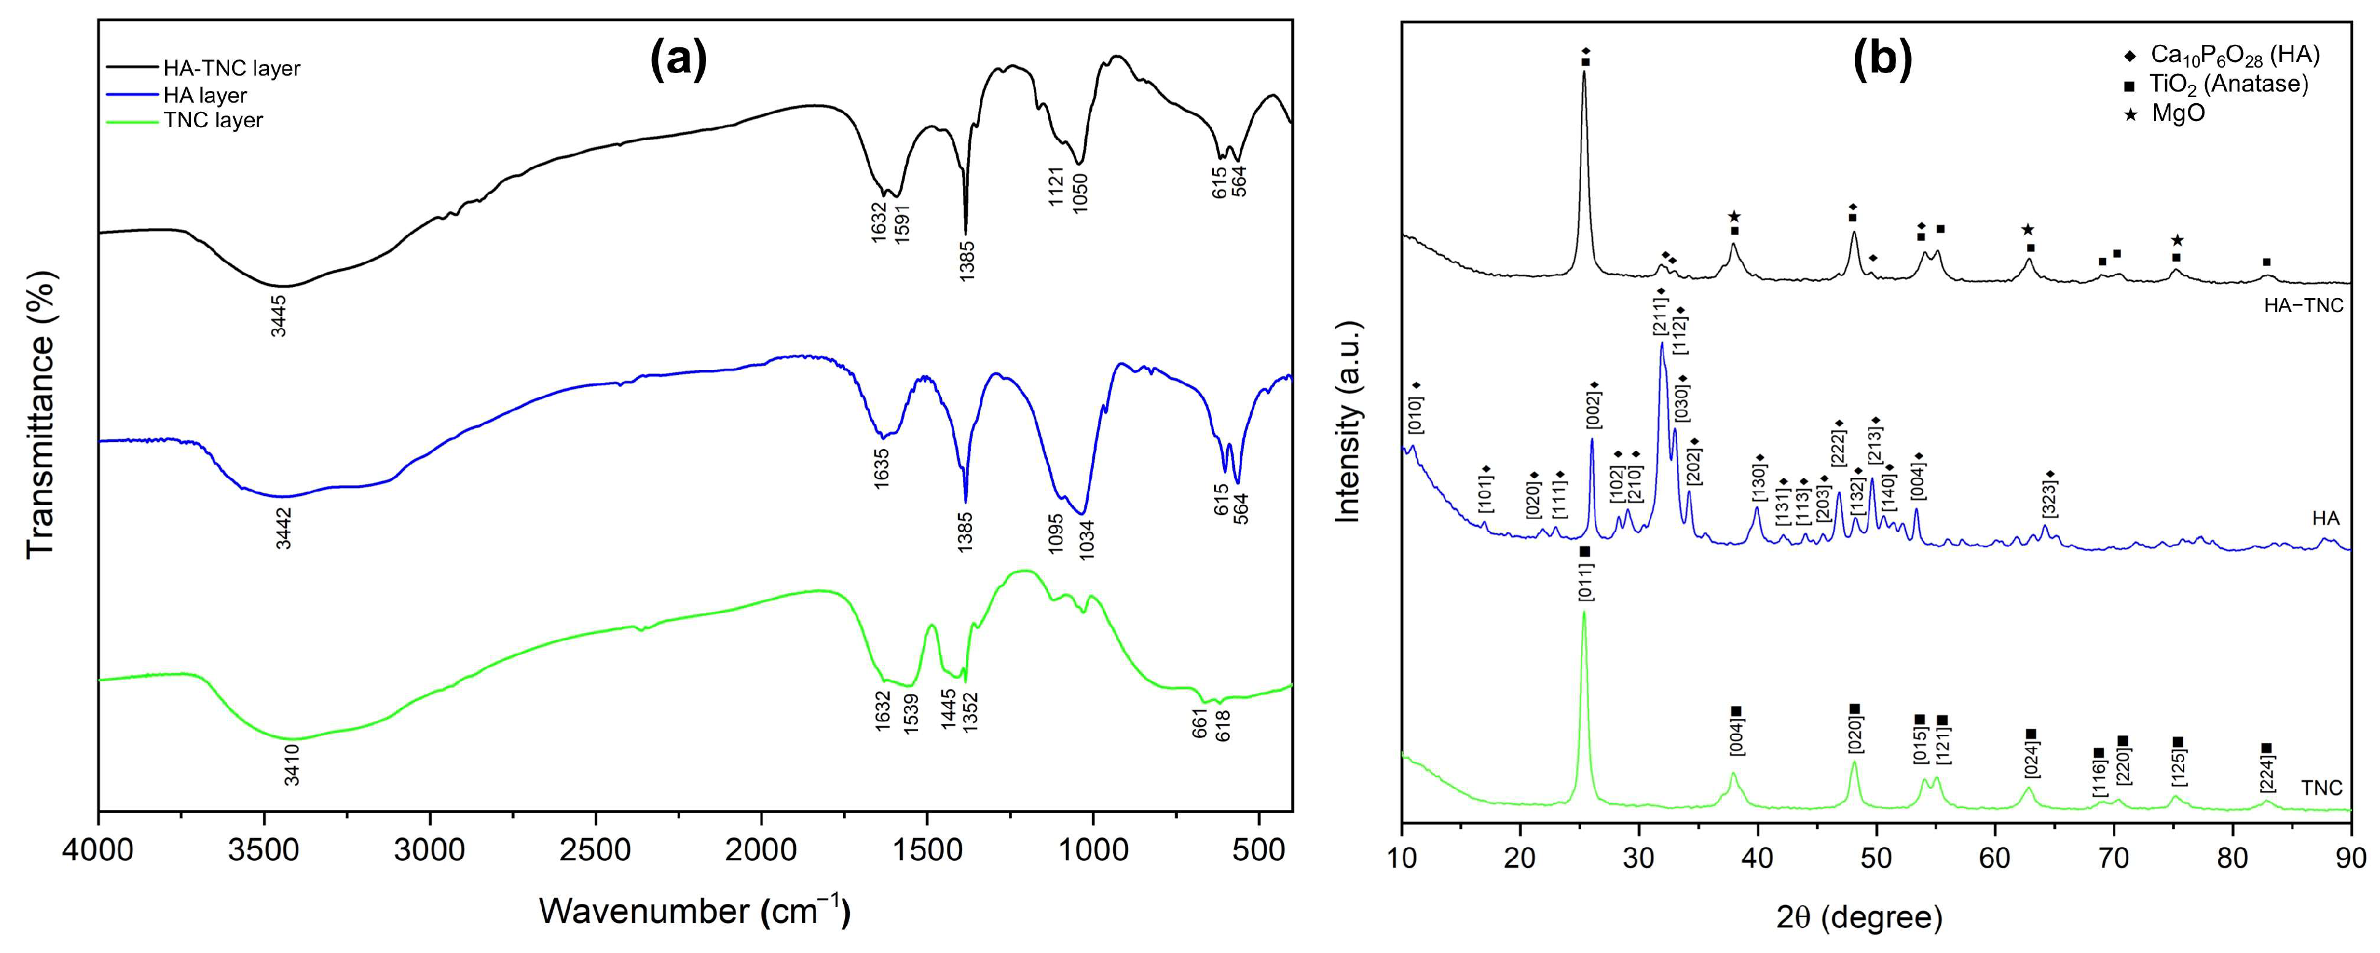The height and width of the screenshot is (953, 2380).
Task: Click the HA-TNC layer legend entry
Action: click(x=231, y=68)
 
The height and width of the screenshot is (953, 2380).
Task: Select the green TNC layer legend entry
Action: click(x=212, y=120)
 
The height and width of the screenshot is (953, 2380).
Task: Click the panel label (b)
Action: click(x=1882, y=59)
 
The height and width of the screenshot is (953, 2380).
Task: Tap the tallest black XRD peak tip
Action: click(x=1584, y=72)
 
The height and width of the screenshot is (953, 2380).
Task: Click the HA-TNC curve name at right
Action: click(x=2303, y=305)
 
